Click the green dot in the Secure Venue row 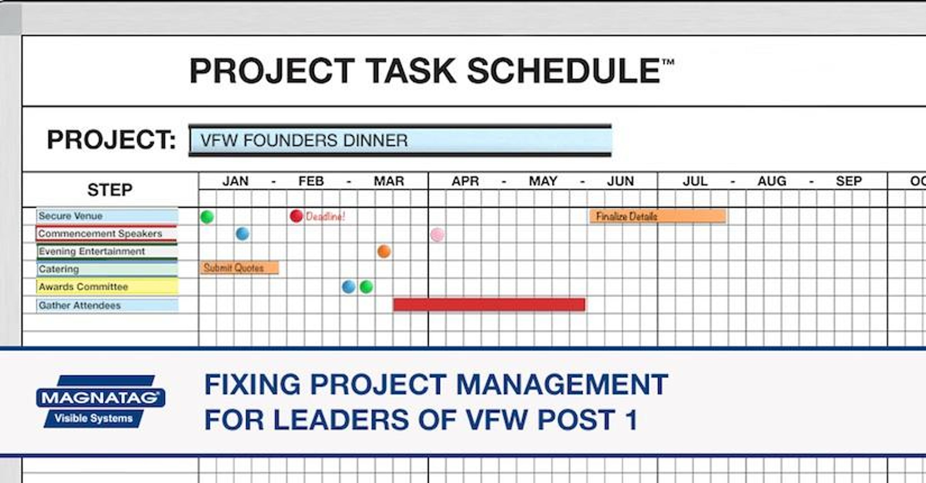(207, 217)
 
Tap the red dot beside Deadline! (296, 216)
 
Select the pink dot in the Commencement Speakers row (438, 235)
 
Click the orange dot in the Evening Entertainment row (384, 251)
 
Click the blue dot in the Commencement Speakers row (243, 234)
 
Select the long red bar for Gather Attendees (489, 305)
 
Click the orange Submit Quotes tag (239, 268)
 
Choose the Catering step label (107, 269)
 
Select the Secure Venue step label (107, 216)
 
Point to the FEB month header (311, 181)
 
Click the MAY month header (543, 181)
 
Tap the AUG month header (772, 181)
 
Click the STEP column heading (110, 189)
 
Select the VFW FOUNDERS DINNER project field (400, 140)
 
